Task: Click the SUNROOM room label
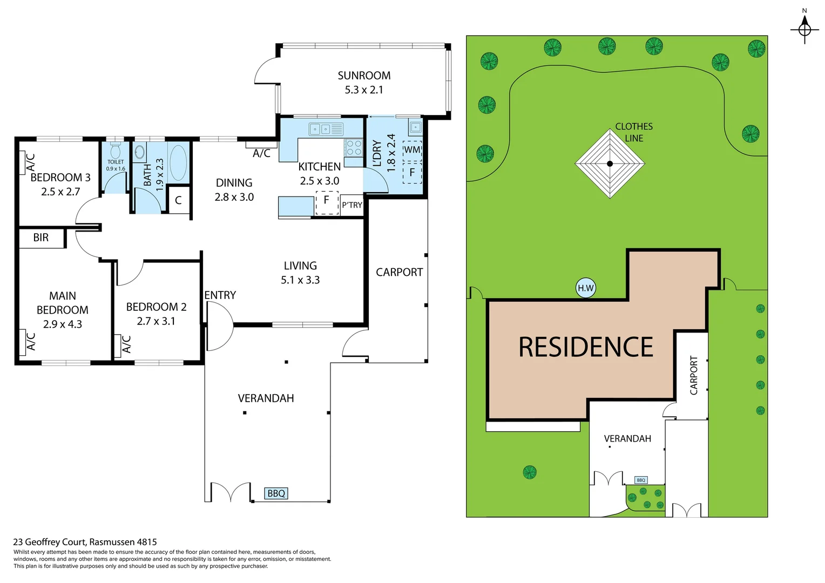(x=364, y=76)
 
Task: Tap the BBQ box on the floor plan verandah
(x=276, y=493)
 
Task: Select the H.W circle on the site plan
(x=586, y=288)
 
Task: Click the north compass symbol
(x=804, y=28)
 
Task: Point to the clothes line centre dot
(x=610, y=164)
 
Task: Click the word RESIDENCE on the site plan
(x=586, y=347)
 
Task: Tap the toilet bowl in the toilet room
(x=115, y=151)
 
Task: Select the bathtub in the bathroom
(x=178, y=162)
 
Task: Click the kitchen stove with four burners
(x=354, y=148)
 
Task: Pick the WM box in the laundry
(x=412, y=150)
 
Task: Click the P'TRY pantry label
(x=352, y=205)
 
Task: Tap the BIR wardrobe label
(x=41, y=238)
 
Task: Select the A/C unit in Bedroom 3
(x=23, y=162)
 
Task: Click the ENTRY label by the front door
(x=220, y=295)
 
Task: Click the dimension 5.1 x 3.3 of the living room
(x=300, y=280)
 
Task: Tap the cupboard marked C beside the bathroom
(x=178, y=200)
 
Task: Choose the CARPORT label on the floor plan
(x=399, y=273)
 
